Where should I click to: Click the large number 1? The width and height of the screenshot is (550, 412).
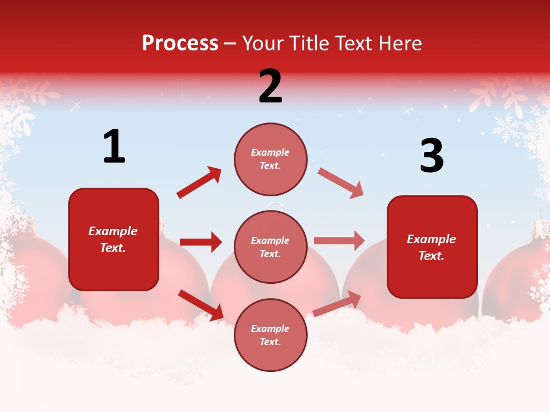[114, 147]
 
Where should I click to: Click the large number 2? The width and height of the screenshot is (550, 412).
[270, 86]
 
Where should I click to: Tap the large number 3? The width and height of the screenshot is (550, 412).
[431, 156]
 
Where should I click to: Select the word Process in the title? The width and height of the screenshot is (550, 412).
[180, 43]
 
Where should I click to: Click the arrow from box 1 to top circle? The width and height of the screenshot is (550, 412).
[199, 183]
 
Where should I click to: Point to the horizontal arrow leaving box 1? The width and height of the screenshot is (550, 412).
[201, 242]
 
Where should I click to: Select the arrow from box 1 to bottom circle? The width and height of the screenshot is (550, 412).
[201, 305]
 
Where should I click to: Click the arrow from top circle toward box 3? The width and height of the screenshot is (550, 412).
[340, 183]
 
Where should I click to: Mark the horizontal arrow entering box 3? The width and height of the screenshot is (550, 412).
[339, 240]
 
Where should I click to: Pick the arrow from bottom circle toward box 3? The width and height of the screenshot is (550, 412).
[337, 304]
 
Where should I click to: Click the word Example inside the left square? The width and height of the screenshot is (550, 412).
[113, 231]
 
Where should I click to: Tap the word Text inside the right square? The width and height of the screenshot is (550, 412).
[431, 256]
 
